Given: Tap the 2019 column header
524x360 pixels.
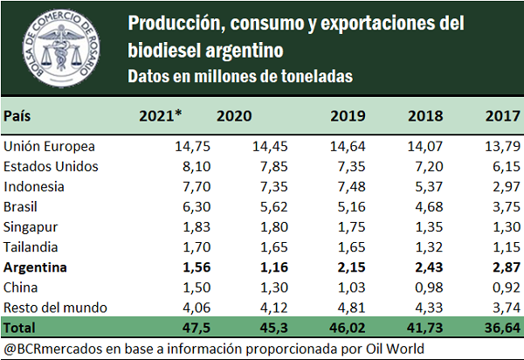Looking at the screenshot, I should (x=350, y=115).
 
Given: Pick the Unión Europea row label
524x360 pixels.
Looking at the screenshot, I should (x=50, y=146).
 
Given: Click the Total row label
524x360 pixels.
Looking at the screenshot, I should (x=21, y=327).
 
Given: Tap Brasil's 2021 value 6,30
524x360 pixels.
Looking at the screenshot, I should (x=167, y=206).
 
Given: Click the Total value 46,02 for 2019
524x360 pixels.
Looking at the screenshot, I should (x=348, y=327).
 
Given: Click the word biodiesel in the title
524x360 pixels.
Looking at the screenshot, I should (x=167, y=50).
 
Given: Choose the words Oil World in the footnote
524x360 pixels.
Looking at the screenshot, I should (x=396, y=348).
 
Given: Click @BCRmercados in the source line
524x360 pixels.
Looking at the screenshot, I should (x=49, y=348).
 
